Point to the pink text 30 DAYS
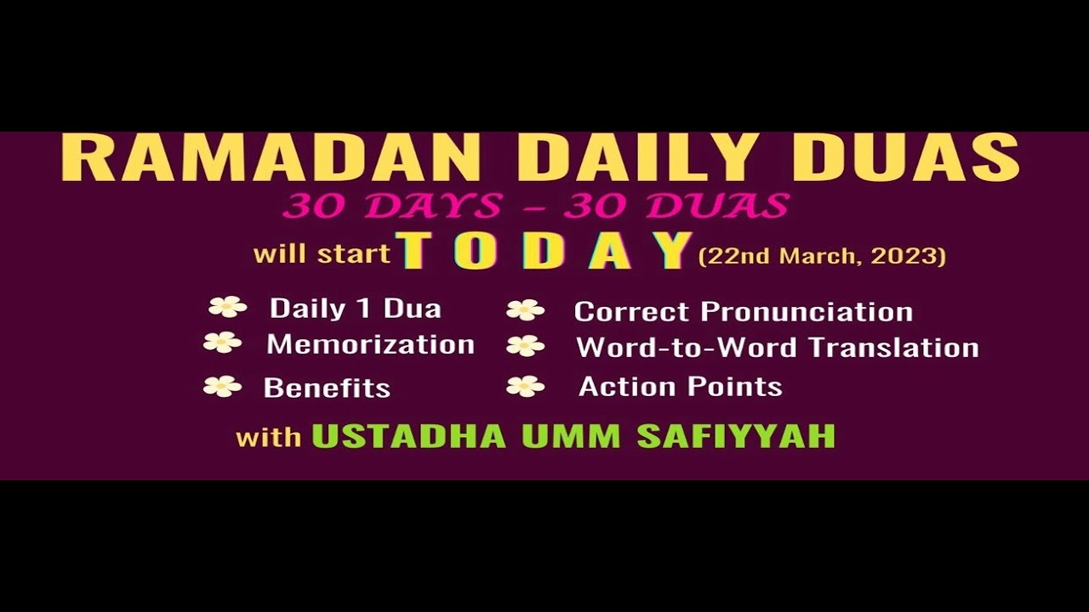[x=387, y=206]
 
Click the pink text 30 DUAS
[x=676, y=206]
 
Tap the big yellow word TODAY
[x=544, y=252]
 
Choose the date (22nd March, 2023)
[x=822, y=256]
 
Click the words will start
[x=322, y=254]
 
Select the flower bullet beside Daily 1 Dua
[x=227, y=307]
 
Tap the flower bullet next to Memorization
[x=222, y=343]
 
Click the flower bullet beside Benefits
[x=222, y=387]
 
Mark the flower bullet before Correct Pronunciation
[x=525, y=310]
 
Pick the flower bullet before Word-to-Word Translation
[x=525, y=346]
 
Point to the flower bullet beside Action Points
[x=525, y=387]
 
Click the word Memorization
[x=370, y=344]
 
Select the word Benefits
[x=327, y=388]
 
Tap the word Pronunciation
[x=807, y=312]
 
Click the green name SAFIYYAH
[x=736, y=436]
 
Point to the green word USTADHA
[x=409, y=436]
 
